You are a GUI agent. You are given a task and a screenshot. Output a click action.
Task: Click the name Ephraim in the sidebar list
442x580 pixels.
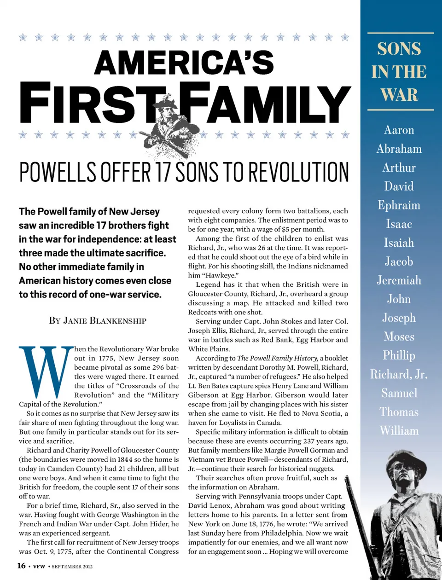[x=399, y=205]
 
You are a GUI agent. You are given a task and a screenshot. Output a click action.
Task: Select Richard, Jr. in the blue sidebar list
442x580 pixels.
[x=399, y=375]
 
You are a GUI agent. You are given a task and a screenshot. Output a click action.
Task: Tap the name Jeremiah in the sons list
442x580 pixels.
[x=399, y=280]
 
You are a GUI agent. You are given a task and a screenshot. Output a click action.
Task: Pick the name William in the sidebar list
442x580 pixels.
[x=399, y=431]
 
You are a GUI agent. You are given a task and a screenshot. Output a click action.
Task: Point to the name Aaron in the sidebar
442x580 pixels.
[x=399, y=130]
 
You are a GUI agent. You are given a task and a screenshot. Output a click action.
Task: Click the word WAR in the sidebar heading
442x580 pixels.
[x=399, y=95]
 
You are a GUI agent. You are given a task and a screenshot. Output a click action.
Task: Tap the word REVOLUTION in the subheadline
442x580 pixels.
[x=299, y=173]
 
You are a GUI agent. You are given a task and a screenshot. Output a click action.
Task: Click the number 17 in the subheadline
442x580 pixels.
[x=163, y=173]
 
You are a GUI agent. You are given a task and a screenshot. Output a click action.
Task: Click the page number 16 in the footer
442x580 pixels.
[x=21, y=566]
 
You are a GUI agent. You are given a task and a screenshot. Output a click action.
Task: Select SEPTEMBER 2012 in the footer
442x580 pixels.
[x=72, y=567]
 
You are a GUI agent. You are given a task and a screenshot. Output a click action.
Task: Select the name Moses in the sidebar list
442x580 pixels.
[x=399, y=337]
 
